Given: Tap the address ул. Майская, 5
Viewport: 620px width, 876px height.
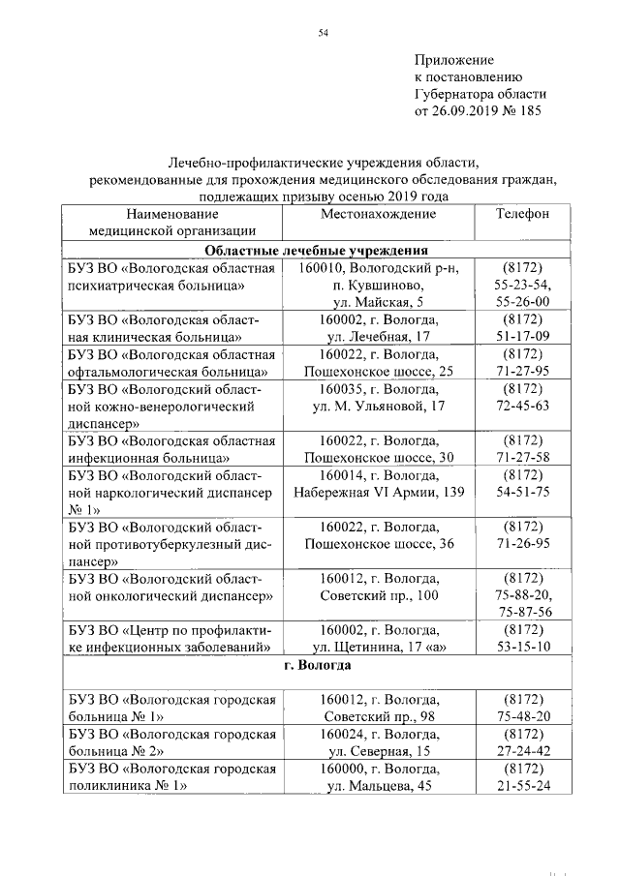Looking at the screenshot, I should tap(380, 301).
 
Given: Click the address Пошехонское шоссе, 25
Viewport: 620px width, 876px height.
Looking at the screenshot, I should tap(379, 371).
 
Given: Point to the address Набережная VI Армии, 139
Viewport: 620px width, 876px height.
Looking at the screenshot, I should tap(379, 493).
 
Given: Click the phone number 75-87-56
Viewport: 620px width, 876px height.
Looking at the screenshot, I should tap(523, 613).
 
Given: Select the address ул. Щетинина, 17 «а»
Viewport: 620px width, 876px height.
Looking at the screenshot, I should tap(379, 647).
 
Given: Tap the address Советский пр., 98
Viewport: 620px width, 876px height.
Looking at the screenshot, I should tap(379, 716).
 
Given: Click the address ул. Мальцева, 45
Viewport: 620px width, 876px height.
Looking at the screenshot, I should tap(379, 786).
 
